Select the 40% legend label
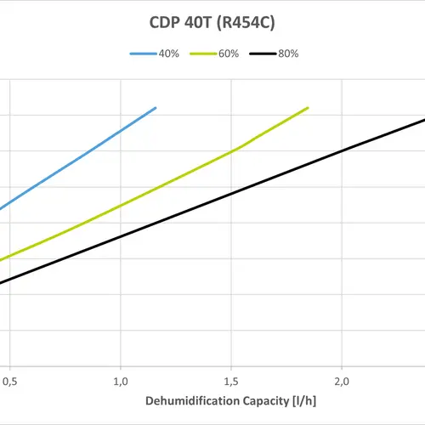point(167,54)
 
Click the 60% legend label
point(227,54)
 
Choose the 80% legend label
point(287,54)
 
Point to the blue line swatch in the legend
point(142,54)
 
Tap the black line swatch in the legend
point(262,54)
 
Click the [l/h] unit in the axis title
point(314,400)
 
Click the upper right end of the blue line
point(156,108)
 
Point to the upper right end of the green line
point(308,108)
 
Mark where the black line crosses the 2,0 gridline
point(341,151)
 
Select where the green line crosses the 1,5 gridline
point(230,153)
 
